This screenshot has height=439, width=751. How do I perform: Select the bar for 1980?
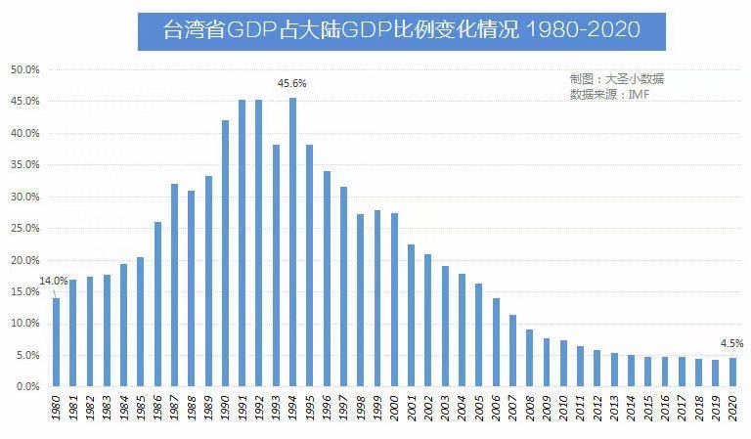point(56,342)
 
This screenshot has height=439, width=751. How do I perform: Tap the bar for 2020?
point(733,373)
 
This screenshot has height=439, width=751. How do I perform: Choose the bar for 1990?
point(226,254)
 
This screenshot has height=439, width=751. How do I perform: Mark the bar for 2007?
point(513,351)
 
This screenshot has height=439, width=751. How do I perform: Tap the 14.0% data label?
point(54,282)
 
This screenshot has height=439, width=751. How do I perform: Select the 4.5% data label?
point(731,343)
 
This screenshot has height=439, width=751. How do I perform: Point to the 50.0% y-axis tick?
point(24,70)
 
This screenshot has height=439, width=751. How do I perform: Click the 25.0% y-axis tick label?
point(24,229)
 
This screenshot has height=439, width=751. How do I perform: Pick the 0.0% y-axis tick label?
point(27,387)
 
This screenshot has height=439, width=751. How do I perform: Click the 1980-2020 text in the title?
point(583,31)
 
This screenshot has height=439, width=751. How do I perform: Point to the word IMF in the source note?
point(639,95)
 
